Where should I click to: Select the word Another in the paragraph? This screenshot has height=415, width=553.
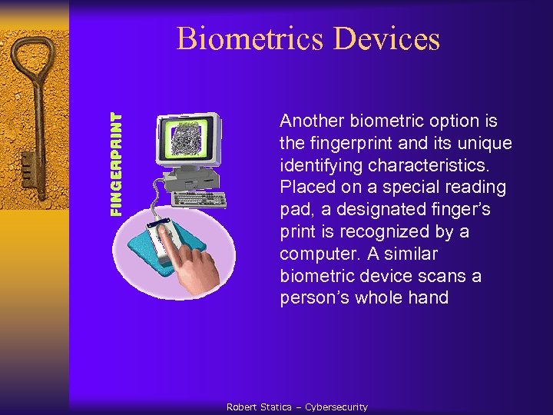coord(312,121)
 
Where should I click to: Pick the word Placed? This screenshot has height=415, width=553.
coord(304,188)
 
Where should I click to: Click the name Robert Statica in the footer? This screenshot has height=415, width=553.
coord(258,407)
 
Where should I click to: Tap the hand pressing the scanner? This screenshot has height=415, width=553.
coord(197,265)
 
